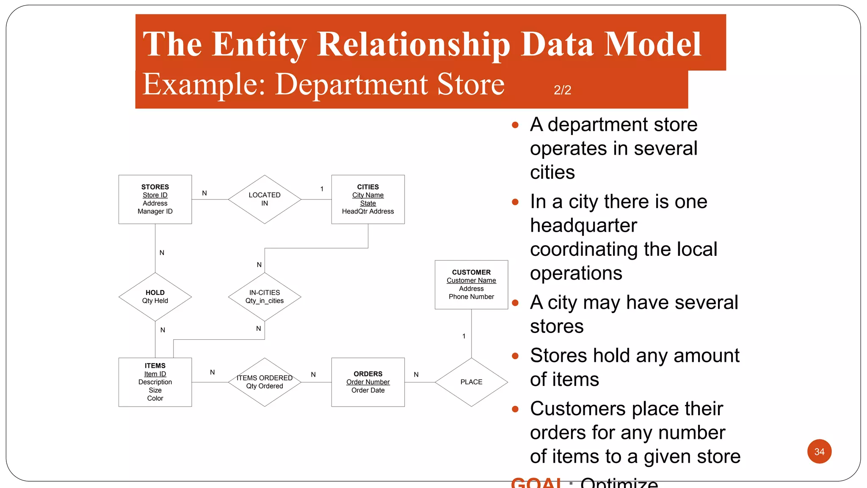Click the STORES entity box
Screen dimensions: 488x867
point(155,199)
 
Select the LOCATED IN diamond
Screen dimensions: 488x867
point(265,199)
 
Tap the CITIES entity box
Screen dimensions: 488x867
point(368,199)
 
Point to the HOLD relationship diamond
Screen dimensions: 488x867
point(155,297)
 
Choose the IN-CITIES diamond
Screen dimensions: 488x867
point(265,297)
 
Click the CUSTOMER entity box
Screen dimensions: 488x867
point(471,284)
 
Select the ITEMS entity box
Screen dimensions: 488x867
point(155,382)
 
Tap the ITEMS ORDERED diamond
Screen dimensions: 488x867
point(265,382)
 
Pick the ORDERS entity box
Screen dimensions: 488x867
point(368,382)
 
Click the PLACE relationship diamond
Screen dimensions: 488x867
point(471,382)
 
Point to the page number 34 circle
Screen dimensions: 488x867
point(819,452)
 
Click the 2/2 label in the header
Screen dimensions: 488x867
point(562,90)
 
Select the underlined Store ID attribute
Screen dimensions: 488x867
point(155,195)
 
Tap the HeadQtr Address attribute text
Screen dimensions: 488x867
point(368,211)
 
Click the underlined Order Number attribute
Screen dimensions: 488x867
point(368,382)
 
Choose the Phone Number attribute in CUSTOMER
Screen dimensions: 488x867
point(471,297)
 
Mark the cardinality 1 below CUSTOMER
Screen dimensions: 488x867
point(464,336)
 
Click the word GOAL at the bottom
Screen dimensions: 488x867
point(536,483)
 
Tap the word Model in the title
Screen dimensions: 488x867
point(653,44)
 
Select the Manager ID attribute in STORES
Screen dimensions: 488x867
point(155,211)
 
